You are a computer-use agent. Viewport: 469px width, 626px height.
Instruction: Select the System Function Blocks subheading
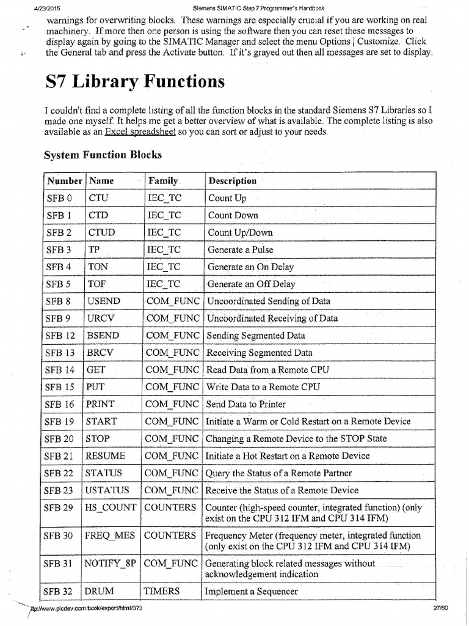point(103,155)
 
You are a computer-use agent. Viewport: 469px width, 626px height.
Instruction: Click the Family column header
point(162,181)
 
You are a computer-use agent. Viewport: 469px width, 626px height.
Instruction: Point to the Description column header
point(232,181)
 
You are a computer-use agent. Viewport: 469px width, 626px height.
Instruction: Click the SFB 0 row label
point(59,198)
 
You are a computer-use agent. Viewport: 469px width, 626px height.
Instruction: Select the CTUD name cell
point(101,232)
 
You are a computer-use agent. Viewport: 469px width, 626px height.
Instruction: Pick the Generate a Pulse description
point(241,249)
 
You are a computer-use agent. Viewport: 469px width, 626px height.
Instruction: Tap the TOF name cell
point(98,284)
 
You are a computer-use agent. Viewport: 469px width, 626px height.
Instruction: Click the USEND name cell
point(104,301)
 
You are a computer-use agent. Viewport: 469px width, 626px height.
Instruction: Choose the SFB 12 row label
point(60,336)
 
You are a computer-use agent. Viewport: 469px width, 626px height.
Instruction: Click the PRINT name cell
point(101,404)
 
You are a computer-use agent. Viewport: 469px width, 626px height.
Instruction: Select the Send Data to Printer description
point(245,404)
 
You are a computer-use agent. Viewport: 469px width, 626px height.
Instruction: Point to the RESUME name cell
point(106,455)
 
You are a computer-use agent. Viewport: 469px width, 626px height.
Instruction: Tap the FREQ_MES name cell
point(110,536)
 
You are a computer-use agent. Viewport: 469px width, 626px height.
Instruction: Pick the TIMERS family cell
point(162,591)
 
